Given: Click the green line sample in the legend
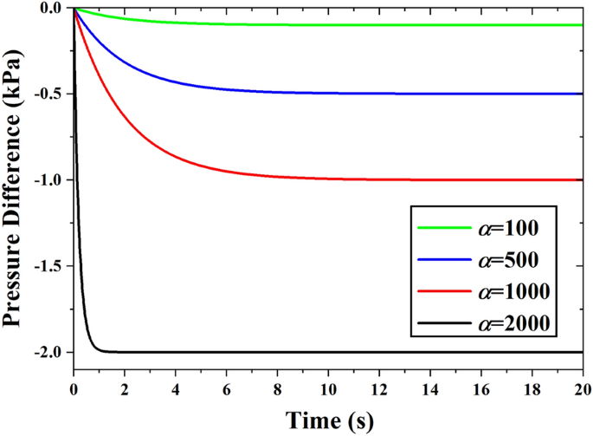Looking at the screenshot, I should coord(443,230).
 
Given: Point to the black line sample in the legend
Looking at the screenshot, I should coord(443,323).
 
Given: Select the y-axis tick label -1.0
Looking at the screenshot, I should coord(48,180).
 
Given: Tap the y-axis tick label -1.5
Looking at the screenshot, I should coord(48,266).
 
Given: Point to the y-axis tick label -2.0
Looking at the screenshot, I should coord(48,353).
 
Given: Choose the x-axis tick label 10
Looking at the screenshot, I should coord(329,387).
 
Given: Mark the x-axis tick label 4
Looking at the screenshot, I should coord(176,387).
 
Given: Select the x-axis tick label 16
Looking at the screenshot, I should coord(481,387).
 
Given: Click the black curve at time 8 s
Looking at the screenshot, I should coord(278,352).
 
